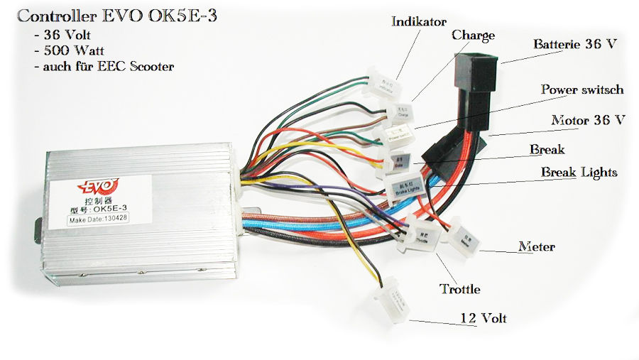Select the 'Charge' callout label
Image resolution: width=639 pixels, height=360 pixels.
click(x=473, y=35)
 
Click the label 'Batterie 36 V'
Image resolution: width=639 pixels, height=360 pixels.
click(x=575, y=44)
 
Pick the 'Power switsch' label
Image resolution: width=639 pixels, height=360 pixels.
click(x=582, y=89)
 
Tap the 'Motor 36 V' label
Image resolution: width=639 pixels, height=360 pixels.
click(x=588, y=119)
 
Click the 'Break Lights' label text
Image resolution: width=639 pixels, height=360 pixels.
click(x=579, y=172)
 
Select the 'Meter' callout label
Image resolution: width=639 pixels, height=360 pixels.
click(x=536, y=247)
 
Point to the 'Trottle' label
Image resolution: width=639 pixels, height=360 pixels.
click(x=460, y=289)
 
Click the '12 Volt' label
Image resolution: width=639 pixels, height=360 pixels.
click(x=483, y=317)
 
